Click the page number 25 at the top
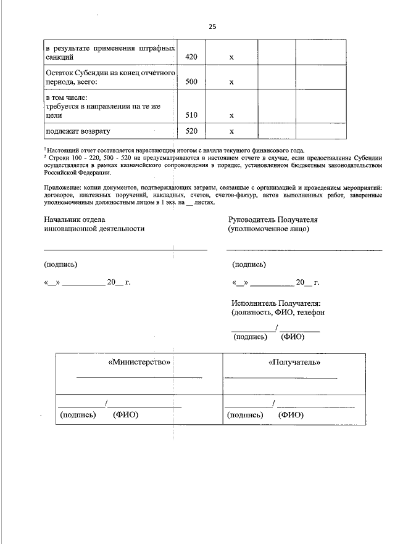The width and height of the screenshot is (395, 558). click(x=212, y=27)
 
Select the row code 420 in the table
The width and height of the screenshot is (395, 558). click(x=191, y=57)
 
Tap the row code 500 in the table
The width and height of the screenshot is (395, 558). click(x=191, y=81)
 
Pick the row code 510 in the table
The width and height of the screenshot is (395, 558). click(x=191, y=115)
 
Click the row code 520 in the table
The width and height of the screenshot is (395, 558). click(x=191, y=131)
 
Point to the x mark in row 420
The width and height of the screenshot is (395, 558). click(x=231, y=57)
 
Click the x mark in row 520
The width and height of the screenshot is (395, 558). click(x=231, y=131)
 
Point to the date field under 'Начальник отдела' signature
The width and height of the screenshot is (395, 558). click(x=87, y=282)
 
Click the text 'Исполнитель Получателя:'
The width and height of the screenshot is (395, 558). click(x=276, y=303)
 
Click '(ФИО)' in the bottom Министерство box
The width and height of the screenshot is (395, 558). click(x=126, y=415)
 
